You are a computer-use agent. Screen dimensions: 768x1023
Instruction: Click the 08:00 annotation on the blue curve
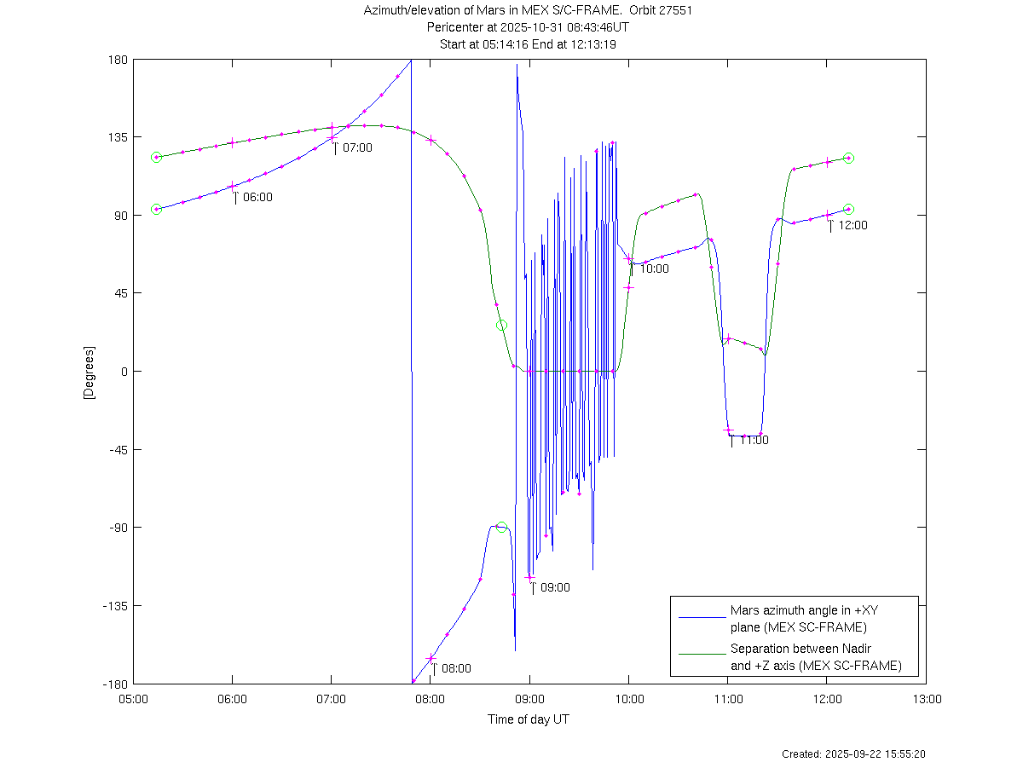click(x=455, y=669)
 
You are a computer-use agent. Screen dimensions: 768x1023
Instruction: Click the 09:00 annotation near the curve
click(x=555, y=587)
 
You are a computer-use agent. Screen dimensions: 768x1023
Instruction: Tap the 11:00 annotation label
click(x=754, y=441)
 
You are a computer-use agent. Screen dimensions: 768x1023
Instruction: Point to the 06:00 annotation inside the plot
click(x=257, y=197)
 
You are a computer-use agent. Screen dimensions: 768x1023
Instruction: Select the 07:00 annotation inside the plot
click(x=357, y=147)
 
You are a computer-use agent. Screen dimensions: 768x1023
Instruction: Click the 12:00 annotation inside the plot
click(x=852, y=226)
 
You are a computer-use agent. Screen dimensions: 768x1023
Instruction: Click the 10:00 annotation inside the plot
click(x=654, y=269)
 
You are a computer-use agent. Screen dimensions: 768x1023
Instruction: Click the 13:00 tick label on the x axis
click(x=927, y=698)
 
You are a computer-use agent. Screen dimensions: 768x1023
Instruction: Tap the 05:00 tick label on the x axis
click(x=133, y=698)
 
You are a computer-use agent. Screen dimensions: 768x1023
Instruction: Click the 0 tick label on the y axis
click(x=124, y=372)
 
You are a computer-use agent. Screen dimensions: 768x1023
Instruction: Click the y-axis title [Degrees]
click(x=89, y=372)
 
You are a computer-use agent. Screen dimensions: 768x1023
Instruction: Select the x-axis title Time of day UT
click(x=529, y=719)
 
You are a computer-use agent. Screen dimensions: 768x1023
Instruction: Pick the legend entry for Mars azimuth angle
click(x=798, y=619)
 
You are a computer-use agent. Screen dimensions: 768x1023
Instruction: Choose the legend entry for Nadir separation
click(x=815, y=657)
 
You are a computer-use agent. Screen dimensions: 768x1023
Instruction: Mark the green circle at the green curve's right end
click(x=848, y=158)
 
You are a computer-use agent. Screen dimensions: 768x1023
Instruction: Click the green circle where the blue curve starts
click(x=156, y=209)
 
